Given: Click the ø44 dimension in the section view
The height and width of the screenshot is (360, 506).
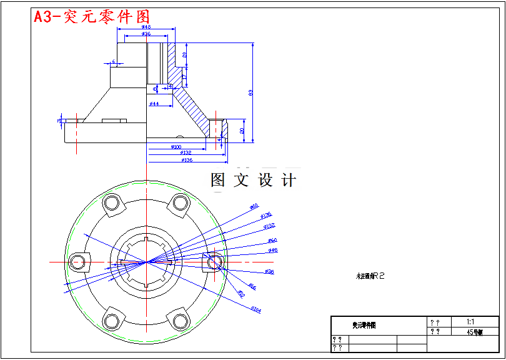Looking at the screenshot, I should (x=154, y=103).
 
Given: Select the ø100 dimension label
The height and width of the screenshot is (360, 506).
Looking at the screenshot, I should (x=176, y=146).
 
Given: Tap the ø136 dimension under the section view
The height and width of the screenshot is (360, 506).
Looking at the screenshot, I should (x=186, y=161).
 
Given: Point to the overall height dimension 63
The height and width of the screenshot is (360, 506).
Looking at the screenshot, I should (x=251, y=92).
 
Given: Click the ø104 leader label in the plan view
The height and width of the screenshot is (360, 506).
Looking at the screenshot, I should (x=255, y=309).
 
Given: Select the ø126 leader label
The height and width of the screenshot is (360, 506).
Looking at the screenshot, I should (x=266, y=215).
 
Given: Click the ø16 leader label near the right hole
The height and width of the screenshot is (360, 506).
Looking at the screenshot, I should (x=252, y=287).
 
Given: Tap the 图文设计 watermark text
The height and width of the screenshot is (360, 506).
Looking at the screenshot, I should (x=253, y=181).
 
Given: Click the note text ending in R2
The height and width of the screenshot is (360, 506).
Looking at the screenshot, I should (x=369, y=275).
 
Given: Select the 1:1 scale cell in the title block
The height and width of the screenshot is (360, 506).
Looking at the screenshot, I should (x=470, y=321).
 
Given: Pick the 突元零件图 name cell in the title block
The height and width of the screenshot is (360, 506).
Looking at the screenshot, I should (x=364, y=326).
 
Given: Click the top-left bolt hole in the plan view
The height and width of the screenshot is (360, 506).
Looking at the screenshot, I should (x=112, y=203).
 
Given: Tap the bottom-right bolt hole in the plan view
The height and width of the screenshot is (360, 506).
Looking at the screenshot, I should (x=181, y=321).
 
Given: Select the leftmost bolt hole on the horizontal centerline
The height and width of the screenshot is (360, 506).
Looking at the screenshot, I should (x=78, y=262).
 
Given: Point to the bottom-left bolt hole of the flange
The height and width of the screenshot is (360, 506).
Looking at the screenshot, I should (x=112, y=321).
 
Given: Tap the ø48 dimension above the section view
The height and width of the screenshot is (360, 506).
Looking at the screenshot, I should (x=146, y=27).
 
